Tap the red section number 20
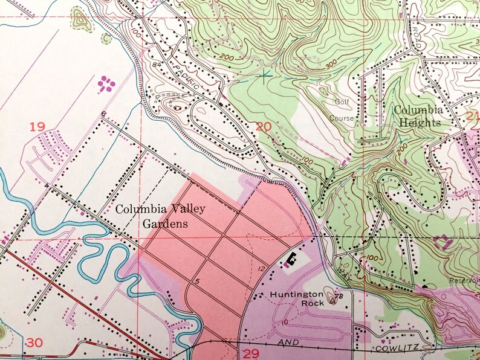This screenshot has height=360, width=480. click(264, 126)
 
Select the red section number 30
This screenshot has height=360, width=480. click(34, 342)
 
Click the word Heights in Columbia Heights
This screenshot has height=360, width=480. click(418, 122)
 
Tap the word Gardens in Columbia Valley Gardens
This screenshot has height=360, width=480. click(164, 223)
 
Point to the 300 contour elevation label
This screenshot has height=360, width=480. click(330, 62)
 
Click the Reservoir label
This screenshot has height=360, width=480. click(465, 280)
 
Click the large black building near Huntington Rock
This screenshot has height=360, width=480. click(291, 260)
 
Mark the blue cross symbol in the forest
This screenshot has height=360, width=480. click(265, 76)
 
